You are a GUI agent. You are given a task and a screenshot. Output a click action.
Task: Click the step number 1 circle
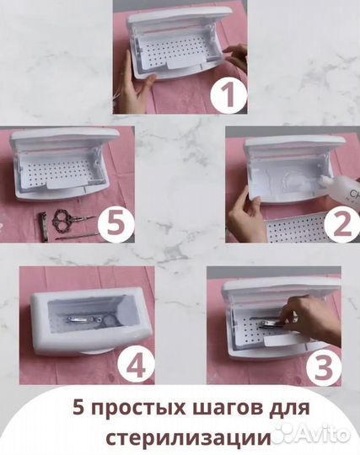point(228,94)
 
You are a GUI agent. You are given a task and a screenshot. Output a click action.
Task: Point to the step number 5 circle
point(116,224)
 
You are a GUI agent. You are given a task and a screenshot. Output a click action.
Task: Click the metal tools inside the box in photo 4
point(87,320)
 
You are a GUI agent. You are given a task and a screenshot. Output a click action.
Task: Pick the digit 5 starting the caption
point(78,408)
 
